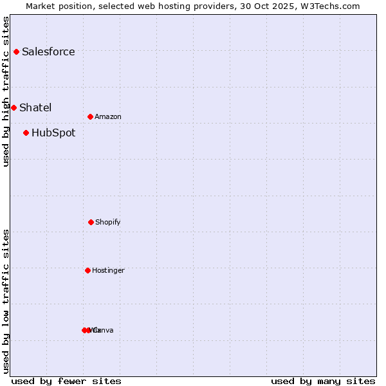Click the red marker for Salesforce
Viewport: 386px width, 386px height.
(x=16, y=51)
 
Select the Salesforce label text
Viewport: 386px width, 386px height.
(x=48, y=52)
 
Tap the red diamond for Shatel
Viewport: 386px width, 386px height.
(x=14, y=107)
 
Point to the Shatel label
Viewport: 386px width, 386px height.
(x=35, y=108)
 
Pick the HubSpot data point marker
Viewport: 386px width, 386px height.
(x=26, y=133)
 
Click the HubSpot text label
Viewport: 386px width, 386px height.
(x=53, y=133)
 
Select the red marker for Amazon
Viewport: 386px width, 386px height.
(x=90, y=116)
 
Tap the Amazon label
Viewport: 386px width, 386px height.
(x=108, y=117)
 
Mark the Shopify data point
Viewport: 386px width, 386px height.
(x=91, y=222)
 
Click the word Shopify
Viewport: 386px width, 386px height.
(x=108, y=223)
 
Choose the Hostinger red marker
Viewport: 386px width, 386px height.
(x=87, y=270)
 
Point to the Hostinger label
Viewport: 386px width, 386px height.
(x=108, y=271)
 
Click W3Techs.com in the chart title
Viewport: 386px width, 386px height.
(x=329, y=6)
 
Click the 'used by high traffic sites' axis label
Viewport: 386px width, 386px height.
(x=6, y=91)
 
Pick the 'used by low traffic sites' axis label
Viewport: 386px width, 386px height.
(x=6, y=301)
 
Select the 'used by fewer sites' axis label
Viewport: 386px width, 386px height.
(x=66, y=381)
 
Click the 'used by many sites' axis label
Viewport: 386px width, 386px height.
(x=323, y=381)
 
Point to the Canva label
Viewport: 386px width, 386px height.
(x=104, y=331)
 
